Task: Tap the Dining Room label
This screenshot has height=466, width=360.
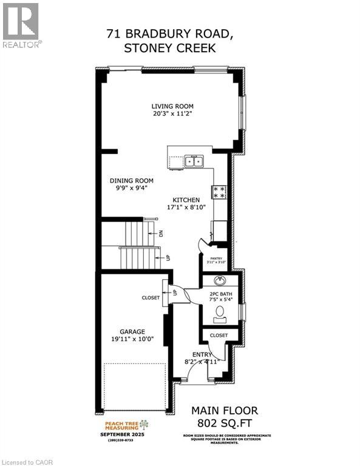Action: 131,180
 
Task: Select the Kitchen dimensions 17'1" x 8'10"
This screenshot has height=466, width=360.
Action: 186,207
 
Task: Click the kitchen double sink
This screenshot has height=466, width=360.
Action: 194,161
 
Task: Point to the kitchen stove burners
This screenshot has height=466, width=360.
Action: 219,192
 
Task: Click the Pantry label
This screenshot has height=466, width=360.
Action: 218,258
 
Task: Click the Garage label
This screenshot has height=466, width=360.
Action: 132,331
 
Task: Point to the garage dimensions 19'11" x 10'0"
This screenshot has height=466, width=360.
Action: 132,339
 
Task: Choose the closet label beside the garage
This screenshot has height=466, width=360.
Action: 151,298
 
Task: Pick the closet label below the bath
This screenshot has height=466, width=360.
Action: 219,335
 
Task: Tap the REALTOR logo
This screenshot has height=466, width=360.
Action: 21,25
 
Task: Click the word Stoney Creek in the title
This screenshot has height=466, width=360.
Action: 169,49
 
